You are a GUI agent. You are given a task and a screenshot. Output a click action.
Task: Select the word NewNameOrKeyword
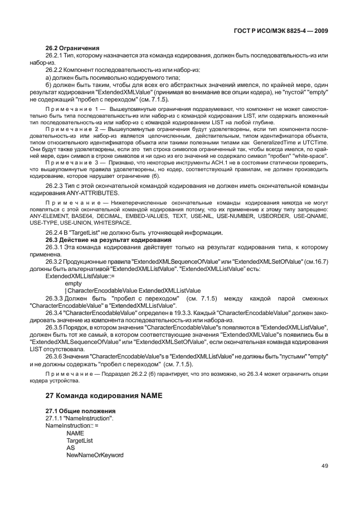(95, 455)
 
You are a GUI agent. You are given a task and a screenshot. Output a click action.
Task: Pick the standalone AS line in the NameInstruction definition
(70, 448)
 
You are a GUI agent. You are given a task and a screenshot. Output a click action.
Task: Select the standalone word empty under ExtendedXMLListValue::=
(74, 283)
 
